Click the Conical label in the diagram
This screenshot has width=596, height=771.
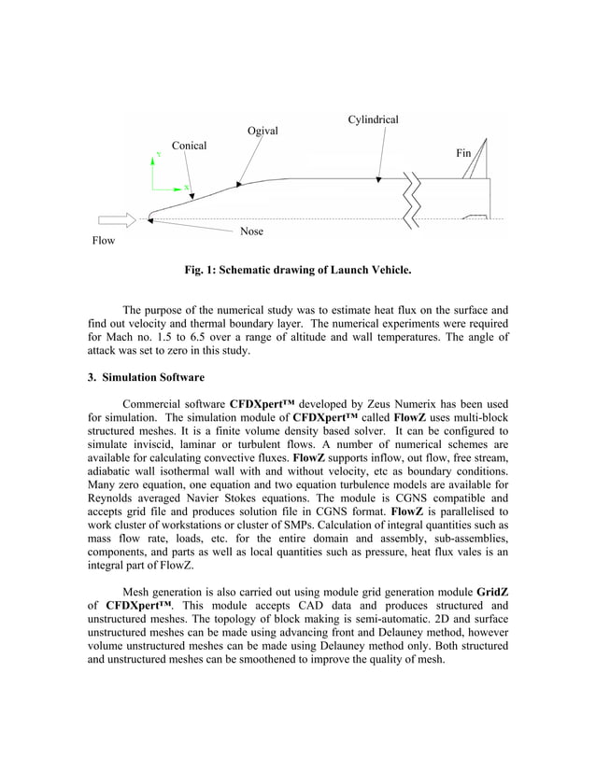click(189, 146)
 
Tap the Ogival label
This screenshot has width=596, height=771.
click(263, 131)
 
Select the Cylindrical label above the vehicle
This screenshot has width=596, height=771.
click(373, 119)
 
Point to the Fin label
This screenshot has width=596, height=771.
click(463, 151)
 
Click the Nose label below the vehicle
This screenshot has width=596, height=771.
click(251, 231)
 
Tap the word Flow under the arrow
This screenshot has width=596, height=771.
click(103, 241)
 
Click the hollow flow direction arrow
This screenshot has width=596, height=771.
click(117, 219)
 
